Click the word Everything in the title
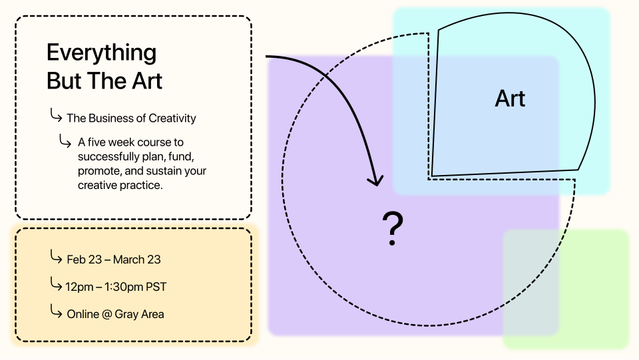pyautogui.click(x=101, y=53)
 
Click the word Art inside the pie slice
pyautogui.click(x=511, y=98)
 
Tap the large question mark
pyautogui.click(x=393, y=228)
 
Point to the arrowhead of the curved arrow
pyautogui.click(x=375, y=180)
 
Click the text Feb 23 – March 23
pyautogui.click(x=114, y=260)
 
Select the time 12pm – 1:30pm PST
pyautogui.click(x=116, y=287)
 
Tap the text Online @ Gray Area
pyautogui.click(x=115, y=314)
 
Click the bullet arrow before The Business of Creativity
pyautogui.click(x=56, y=115)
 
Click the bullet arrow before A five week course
pyautogui.click(x=65, y=140)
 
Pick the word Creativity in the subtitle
pyautogui.click(x=172, y=118)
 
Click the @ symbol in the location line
pyautogui.click(x=106, y=314)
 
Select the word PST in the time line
pyautogui.click(x=156, y=287)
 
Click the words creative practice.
pyautogui.click(x=120, y=185)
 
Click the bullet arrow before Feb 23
pyautogui.click(x=56, y=257)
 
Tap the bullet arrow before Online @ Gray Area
pyautogui.click(x=56, y=311)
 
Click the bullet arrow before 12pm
pyautogui.click(x=56, y=283)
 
